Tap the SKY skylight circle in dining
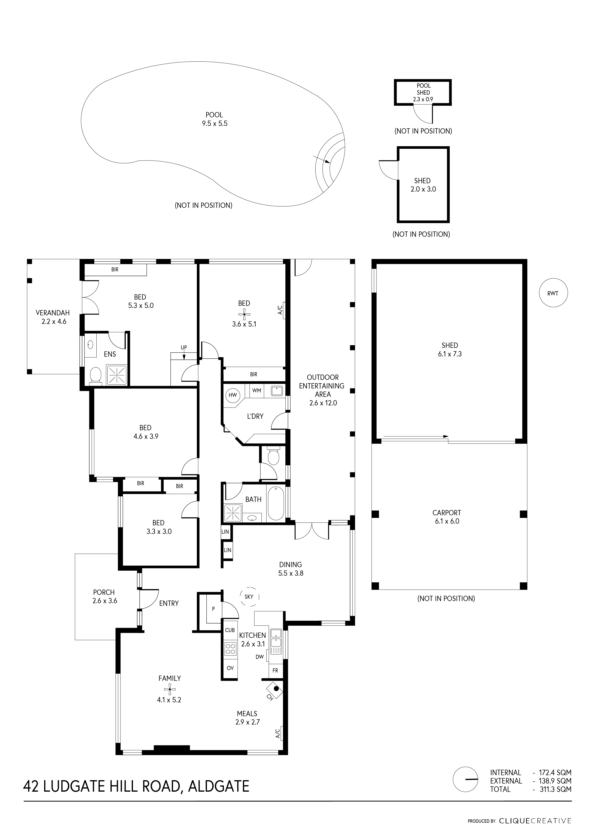tap(249, 597)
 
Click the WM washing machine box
tap(257, 391)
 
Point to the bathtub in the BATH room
tap(276, 504)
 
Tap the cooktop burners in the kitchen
tap(231, 649)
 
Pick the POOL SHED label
tap(423, 89)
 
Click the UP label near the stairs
tap(184, 348)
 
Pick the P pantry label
tap(213, 608)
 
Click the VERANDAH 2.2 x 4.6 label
tap(53, 317)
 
